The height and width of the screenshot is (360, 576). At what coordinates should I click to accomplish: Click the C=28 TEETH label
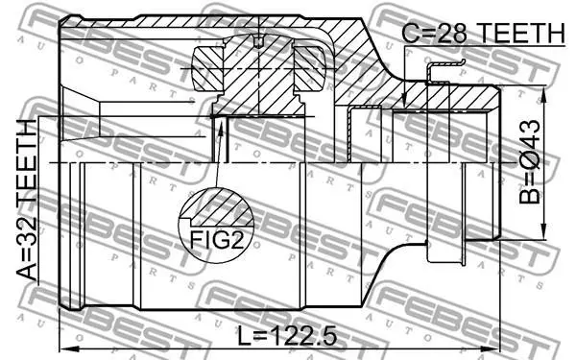484,33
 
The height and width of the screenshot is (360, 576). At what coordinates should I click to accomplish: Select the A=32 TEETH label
27,200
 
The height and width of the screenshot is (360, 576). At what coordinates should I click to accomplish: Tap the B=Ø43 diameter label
530,161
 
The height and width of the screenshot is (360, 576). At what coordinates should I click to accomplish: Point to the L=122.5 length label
287,336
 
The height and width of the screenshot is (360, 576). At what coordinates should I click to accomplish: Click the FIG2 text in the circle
216,241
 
